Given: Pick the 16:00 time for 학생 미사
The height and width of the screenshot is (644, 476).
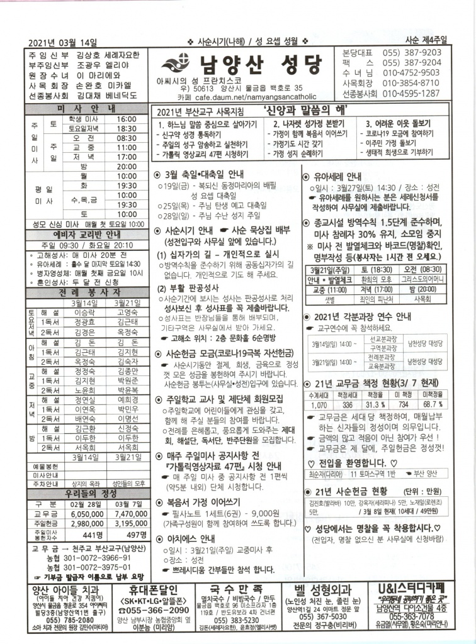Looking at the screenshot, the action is pos(126,118).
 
